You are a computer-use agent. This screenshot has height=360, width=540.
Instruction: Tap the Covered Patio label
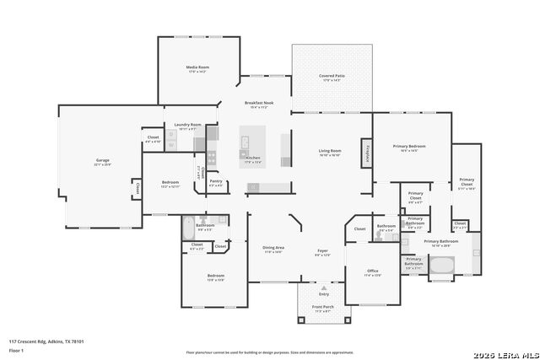[x=332, y=76]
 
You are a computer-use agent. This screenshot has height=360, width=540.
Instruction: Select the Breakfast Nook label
[x=256, y=103]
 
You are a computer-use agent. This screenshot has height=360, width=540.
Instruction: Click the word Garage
[x=102, y=160]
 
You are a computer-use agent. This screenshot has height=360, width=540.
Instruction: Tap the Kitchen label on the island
[x=252, y=158]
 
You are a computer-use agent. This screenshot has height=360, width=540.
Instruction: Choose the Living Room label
[x=329, y=151]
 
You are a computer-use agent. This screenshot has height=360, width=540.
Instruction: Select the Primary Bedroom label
[x=408, y=147]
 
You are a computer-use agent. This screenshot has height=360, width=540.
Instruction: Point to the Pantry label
[x=216, y=181]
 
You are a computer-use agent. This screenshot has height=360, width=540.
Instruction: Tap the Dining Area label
[x=273, y=247]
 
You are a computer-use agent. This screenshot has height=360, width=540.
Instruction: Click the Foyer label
[x=322, y=250]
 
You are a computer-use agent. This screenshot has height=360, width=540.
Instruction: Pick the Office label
[x=372, y=271]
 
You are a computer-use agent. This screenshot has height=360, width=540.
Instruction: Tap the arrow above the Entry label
[x=323, y=287]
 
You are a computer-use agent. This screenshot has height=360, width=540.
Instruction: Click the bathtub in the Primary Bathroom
[x=442, y=267]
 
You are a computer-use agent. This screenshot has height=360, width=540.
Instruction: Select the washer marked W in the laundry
[x=171, y=146]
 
